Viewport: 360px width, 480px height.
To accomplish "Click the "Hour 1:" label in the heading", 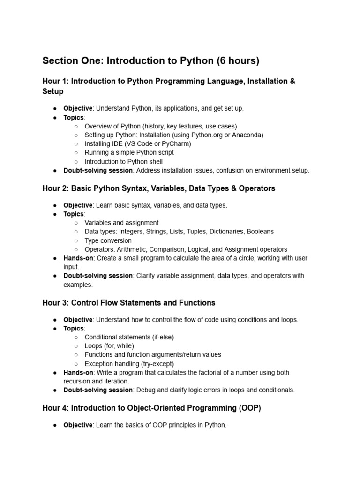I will pyautogui.click(x=55, y=81).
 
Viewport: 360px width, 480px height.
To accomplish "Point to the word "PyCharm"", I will pyautogui.click(x=176, y=144).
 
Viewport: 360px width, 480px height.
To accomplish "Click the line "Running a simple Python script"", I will pyautogui.click(x=129, y=153).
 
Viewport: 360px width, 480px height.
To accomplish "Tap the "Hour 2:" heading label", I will pyautogui.click(x=55, y=188).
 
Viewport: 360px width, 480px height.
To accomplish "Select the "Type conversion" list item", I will pyautogui.click(x=108, y=240).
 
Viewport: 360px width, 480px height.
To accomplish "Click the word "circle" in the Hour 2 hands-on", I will pyautogui.click(x=233, y=258).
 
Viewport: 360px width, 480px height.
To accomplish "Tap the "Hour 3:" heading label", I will pyautogui.click(x=55, y=303).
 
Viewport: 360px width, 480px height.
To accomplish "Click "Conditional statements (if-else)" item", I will pyautogui.click(x=129, y=337).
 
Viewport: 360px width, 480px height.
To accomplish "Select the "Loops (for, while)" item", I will pyautogui.click(x=109, y=346).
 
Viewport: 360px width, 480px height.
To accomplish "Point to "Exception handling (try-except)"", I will pyautogui.click(x=129, y=364).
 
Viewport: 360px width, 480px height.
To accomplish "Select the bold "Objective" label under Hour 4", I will pyautogui.click(x=78, y=425).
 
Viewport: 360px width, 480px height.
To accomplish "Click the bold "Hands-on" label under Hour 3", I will pyautogui.click(x=78, y=373).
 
